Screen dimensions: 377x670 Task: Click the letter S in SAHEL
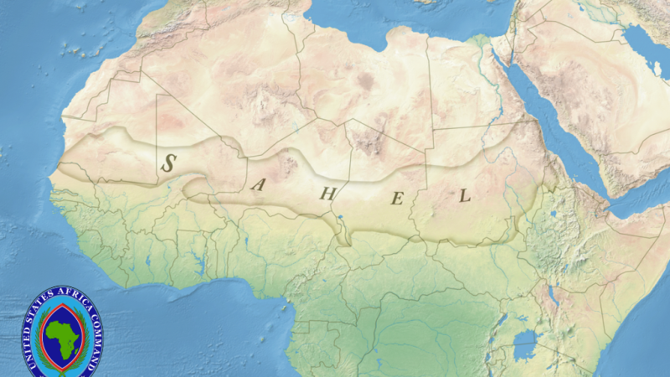[168, 162]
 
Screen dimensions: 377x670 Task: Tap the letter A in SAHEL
[258, 185]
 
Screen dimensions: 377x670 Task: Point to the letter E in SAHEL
[399, 199]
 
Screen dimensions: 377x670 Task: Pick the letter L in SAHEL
[465, 196]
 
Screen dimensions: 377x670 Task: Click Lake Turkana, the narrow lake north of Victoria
[552, 293]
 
